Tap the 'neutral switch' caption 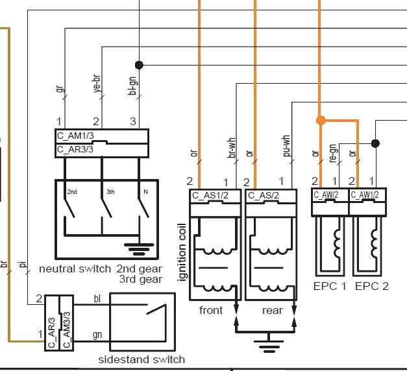pyautogui.click(x=75, y=269)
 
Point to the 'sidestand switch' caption pyautogui.click(x=142, y=359)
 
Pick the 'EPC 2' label pyautogui.click(x=371, y=285)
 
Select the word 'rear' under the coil pyautogui.click(x=273, y=310)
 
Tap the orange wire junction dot pyautogui.click(x=320, y=120)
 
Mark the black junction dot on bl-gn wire pyautogui.click(x=138, y=64)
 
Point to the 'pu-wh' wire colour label pyautogui.click(x=287, y=147)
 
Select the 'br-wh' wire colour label pyautogui.click(x=231, y=148)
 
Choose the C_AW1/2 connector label pyautogui.click(x=365, y=194)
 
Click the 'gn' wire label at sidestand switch pyautogui.click(x=97, y=334)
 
